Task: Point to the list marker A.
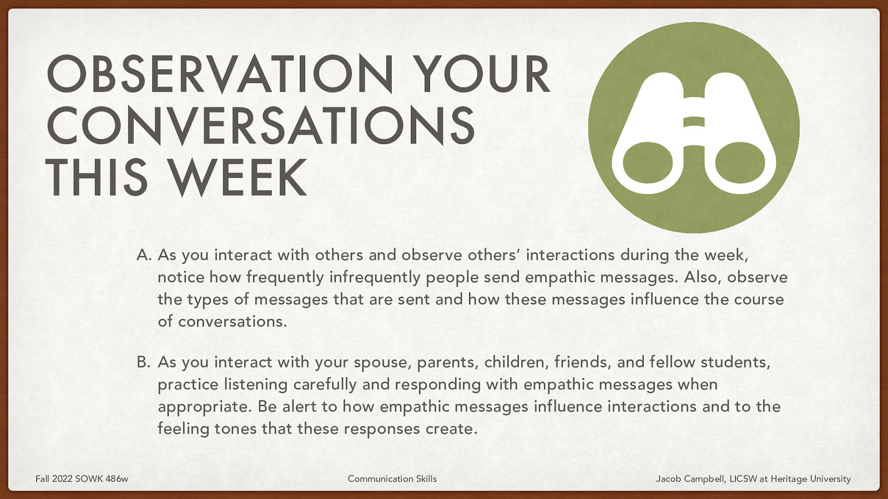point(144,255)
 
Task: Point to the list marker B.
point(144,362)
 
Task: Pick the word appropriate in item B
point(205,407)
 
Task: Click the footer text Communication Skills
point(392,478)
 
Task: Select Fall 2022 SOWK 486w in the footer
point(82,478)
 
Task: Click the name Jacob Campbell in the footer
point(690,478)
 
